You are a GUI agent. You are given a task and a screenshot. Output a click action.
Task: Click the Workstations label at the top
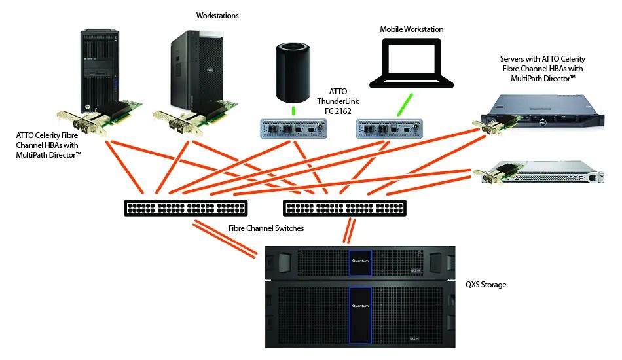(217, 15)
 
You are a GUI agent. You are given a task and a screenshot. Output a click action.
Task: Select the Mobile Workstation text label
(412, 29)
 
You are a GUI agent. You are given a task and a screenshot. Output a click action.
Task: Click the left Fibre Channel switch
(185, 208)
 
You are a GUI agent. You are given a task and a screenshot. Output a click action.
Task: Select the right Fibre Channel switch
(344, 208)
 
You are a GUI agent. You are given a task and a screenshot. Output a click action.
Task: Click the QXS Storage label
(486, 285)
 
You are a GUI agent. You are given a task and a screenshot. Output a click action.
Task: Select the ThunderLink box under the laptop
(386, 128)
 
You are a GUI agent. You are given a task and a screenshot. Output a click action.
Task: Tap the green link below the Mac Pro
(293, 111)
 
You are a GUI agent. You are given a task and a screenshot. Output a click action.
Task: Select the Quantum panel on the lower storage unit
(360, 306)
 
